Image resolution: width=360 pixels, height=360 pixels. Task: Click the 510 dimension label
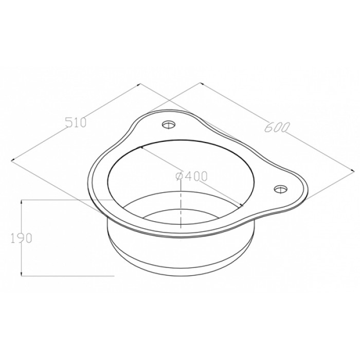tap(76, 122)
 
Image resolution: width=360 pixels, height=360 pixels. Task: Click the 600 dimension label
tap(276, 127)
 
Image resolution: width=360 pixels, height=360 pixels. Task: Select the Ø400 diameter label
tap(191, 176)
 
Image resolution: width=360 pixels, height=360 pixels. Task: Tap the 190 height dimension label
tap(21, 238)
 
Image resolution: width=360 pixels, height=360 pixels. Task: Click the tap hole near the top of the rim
tap(169, 124)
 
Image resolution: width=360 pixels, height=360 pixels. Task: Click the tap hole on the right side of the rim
tap(281, 189)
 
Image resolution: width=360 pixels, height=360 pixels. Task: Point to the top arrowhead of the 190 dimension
tap(22, 202)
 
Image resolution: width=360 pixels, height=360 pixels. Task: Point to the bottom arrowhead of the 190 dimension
tap(22, 274)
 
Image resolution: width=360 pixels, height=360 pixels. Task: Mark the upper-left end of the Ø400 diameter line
tap(141, 147)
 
